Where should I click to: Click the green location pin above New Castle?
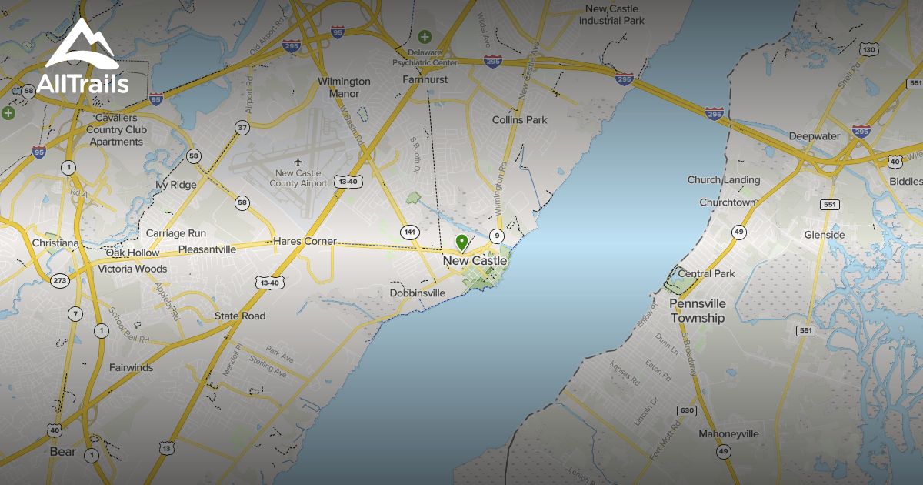pos(461,242)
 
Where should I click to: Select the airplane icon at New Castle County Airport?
pos(298,161)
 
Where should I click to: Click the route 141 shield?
pos(409,232)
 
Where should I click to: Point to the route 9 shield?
pos(498,236)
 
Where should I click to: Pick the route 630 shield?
pos(686,410)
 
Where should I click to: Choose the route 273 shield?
pos(60,281)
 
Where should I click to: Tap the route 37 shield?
pos(242,128)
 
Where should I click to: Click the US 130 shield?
pos(869,50)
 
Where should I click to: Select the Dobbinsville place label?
pos(418,293)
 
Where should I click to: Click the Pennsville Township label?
pos(697,311)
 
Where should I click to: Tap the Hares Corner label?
pos(305,241)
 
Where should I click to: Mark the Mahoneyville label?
pos(728,433)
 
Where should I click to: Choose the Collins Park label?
pos(519,120)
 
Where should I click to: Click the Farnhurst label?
pos(425,79)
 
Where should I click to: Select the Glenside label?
pos(824,235)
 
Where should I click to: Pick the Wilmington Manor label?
pos(344,88)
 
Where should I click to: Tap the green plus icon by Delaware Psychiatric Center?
pos(424,36)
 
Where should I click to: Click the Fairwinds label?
pos(131,367)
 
